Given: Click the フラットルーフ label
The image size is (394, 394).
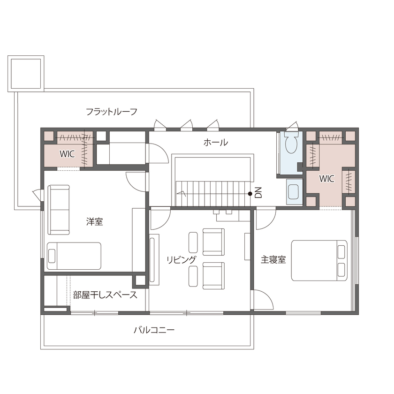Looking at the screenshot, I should pos(111,112).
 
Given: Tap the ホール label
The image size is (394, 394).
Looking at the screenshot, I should pos(216,142).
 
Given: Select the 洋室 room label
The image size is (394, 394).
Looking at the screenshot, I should pos(94,221).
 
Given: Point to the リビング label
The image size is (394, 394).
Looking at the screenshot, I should pos(182,259).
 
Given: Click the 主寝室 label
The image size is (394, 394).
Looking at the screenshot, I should pos(273,259).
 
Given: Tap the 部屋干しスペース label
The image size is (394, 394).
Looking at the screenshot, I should pos(105,295).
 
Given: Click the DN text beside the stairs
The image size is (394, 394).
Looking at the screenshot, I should pos(258,192).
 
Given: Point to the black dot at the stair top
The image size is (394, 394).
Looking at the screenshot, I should pos(250,193).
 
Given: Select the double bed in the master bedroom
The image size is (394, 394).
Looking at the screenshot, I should pos(319,261).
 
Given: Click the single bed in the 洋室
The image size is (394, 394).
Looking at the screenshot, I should pos(74,256).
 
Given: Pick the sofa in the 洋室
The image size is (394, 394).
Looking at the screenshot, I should pos(59,209).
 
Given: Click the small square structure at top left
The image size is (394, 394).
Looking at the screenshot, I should pos(26,74).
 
